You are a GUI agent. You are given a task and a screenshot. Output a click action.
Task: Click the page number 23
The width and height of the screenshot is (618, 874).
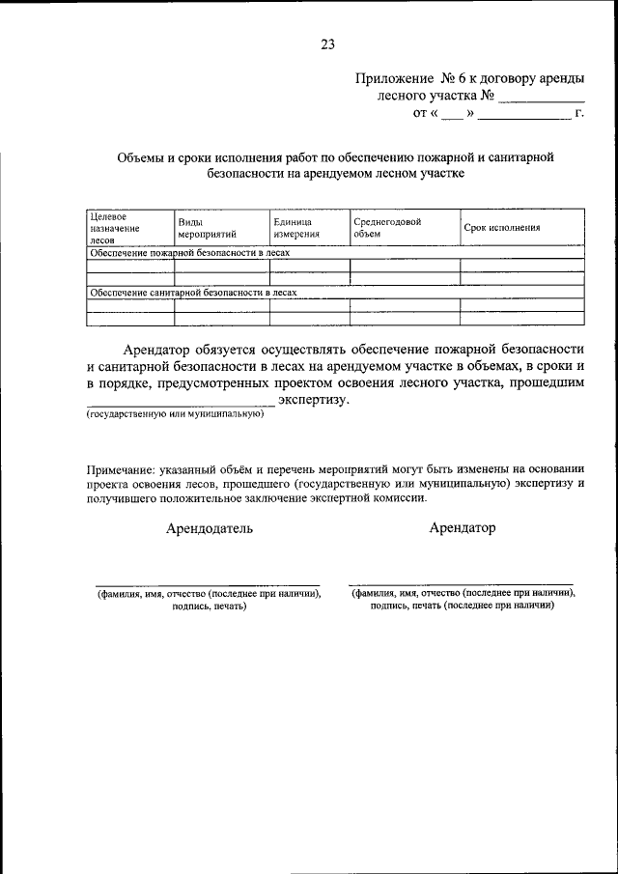pos(327,43)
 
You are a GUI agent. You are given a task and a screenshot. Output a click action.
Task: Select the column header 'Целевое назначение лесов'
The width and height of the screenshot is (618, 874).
pos(115,228)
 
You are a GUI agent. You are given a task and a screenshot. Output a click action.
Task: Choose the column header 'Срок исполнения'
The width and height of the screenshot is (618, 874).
pos(501,228)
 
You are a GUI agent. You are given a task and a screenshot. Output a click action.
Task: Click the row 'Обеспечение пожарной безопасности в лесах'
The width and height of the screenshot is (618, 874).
pos(189,252)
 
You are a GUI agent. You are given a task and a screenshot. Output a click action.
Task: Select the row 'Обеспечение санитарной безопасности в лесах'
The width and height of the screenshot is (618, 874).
pos(192,292)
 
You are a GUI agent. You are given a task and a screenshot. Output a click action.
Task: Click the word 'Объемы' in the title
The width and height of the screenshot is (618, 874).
pos(145,156)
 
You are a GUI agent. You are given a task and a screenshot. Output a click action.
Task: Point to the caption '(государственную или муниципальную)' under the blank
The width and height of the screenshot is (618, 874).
pos(175,415)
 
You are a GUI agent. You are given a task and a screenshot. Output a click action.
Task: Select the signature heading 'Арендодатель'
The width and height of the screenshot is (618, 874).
pos(210,528)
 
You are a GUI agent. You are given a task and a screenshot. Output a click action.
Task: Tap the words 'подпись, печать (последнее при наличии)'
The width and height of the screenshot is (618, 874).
pos(462,608)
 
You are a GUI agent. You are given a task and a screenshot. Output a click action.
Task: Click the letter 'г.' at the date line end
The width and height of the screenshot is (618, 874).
pos(579,115)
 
